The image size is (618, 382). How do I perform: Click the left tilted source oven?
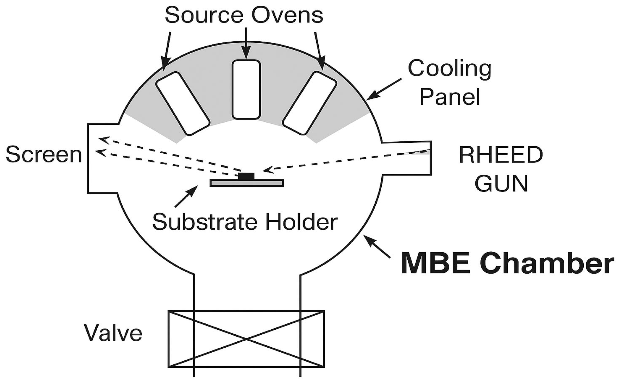(182, 104)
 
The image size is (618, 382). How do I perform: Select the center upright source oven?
(246, 89)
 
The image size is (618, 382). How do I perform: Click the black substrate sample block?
(246, 176)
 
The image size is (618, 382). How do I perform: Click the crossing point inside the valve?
(246, 339)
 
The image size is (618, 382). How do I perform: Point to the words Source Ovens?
(244, 15)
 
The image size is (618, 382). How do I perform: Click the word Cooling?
(450, 68)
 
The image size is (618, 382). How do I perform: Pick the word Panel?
(450, 97)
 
